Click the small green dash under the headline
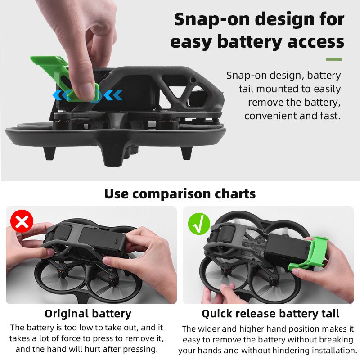click(x=333, y=59)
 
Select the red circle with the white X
click(x=22, y=221)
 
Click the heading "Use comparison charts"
click(x=180, y=194)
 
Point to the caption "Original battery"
click(x=88, y=314)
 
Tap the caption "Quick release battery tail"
click(x=270, y=314)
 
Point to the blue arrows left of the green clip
click(x=60, y=95)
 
